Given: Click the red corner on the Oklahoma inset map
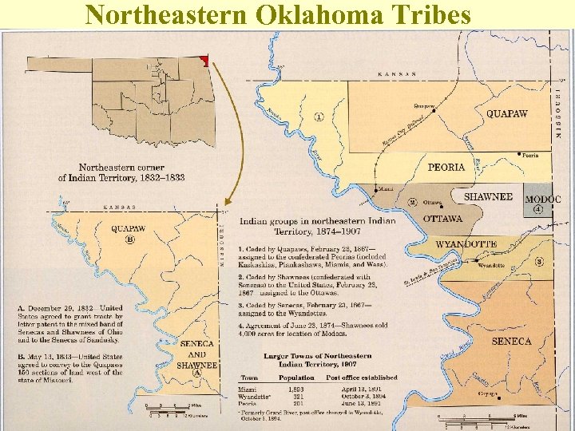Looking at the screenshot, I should [x=204, y=60].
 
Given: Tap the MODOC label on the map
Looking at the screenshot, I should [x=542, y=199].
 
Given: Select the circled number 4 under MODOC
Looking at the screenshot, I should [x=538, y=209].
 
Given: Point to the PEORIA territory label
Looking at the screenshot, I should [x=446, y=168].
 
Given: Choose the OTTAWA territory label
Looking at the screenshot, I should [x=442, y=218].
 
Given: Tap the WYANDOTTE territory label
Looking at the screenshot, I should [x=466, y=243].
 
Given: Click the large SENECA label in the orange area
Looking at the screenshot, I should [x=511, y=341].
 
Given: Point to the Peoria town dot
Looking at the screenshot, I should [x=519, y=154].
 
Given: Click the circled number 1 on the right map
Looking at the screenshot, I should [x=319, y=117].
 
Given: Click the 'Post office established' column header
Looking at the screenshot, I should [x=361, y=378].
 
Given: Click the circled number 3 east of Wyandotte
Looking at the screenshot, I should [x=539, y=261].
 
